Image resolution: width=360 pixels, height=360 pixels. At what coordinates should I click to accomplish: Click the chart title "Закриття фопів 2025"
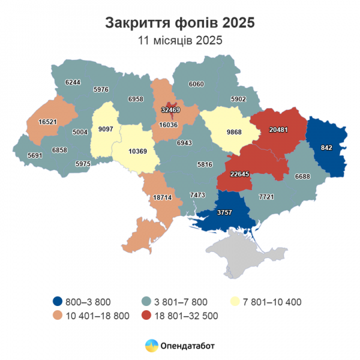pyautogui.click(x=180, y=23)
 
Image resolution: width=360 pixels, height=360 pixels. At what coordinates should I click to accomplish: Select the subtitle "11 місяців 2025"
pyautogui.click(x=180, y=41)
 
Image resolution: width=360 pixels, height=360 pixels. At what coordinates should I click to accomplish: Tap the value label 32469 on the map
pyautogui.click(x=171, y=110)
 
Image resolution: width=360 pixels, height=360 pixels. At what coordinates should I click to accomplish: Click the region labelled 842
pyautogui.click(x=326, y=148)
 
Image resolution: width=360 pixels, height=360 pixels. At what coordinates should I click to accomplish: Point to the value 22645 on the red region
pyautogui.click(x=241, y=175)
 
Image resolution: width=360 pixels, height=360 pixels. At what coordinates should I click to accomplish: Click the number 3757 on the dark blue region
pyautogui.click(x=225, y=212)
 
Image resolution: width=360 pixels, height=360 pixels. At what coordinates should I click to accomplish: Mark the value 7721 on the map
pyautogui.click(x=266, y=197)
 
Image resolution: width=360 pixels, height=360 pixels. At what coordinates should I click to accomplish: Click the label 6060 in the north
pyautogui.click(x=196, y=85)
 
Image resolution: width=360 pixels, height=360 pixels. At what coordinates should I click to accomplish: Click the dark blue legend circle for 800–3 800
pyautogui.click(x=56, y=301)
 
